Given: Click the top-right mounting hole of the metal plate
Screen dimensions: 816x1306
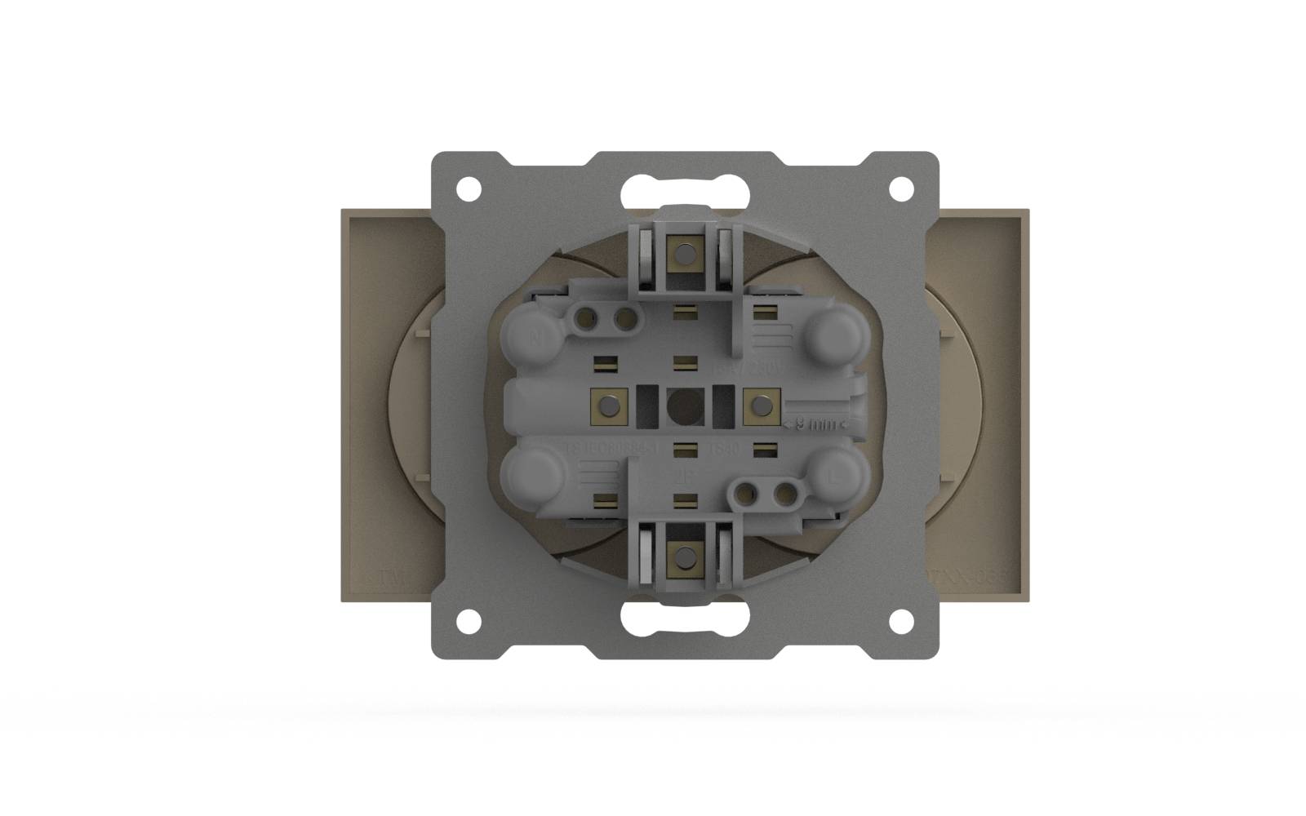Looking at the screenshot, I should point(900,188).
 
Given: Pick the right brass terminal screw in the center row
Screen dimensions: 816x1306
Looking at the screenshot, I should point(761,406).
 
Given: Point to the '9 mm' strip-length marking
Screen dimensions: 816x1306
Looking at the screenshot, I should point(816,424).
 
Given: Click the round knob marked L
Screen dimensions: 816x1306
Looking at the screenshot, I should point(834,476).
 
